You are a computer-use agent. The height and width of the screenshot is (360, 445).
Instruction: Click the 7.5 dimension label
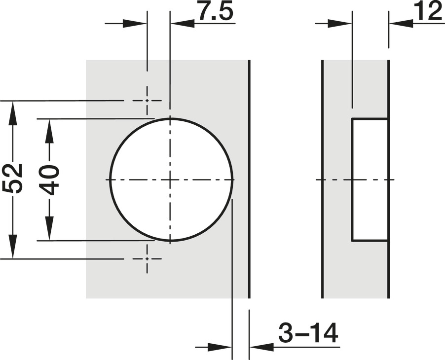click(x=216, y=12)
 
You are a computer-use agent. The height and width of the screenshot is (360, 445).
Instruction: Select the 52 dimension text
click(x=12, y=179)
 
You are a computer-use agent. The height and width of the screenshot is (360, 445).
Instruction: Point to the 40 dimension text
click(x=49, y=180)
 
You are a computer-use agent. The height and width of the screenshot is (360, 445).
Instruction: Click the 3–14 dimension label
click(x=308, y=333)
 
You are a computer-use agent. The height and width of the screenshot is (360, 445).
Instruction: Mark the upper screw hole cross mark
click(x=147, y=101)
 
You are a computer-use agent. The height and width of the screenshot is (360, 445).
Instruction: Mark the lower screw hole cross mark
click(x=147, y=259)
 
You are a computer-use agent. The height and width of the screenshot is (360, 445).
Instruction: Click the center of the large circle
click(x=170, y=180)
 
